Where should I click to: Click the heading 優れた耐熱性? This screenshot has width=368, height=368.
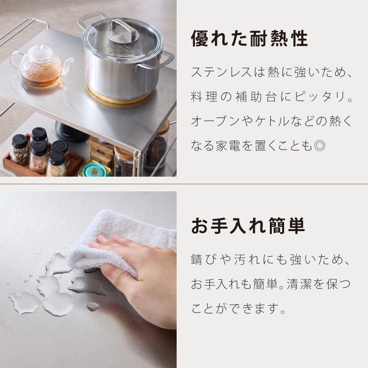tap(249, 38)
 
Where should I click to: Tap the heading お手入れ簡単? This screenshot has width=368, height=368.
tap(248, 226)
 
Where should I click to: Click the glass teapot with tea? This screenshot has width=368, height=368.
tap(41, 65)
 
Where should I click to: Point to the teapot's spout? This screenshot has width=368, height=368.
tap(68, 65)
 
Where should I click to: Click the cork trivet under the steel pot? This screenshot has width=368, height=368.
tap(120, 97)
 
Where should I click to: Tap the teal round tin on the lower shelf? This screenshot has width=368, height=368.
tap(94, 169)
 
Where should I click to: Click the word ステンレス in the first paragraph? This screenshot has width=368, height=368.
tap(222, 72)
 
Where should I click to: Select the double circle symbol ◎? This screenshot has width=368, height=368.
tap(319, 146)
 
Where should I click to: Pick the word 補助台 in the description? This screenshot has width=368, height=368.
tap(257, 97)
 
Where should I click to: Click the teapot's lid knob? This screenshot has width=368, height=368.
tap(41, 47)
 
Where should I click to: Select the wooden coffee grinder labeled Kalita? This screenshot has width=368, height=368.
tap(100, 150)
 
